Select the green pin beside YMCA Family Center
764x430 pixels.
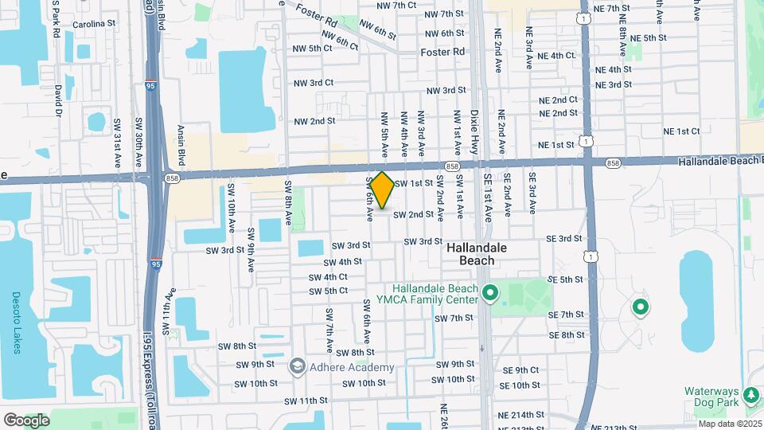pyautogui.click(x=490, y=294)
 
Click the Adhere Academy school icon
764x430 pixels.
pyautogui.click(x=298, y=366)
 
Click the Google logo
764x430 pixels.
pyautogui.click(x=26, y=420)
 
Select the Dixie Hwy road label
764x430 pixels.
pyautogui.click(x=475, y=131)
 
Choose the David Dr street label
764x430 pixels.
pyautogui.click(x=59, y=102)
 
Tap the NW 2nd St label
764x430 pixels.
pyautogui.click(x=314, y=121)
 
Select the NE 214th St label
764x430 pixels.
pyautogui.click(x=520, y=415)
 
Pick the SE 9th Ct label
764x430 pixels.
pyautogui.click(x=520, y=370)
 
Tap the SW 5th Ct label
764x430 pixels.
pyautogui.click(x=329, y=291)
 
